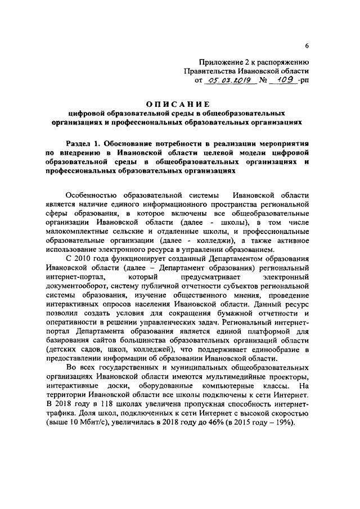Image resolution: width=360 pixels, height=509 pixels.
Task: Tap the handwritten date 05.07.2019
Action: pyautogui.click(x=224, y=80)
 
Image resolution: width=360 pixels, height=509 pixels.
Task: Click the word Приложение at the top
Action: pyautogui.click(x=222, y=62)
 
